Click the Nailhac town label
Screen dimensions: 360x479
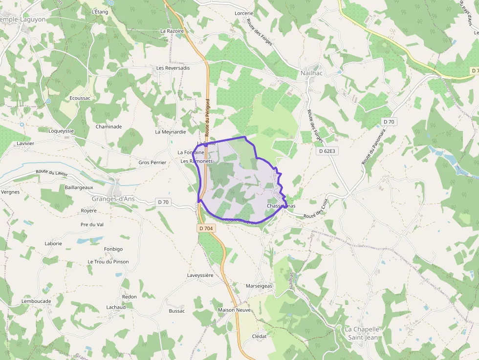pos(311,74)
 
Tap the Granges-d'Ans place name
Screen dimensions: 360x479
pos(112,199)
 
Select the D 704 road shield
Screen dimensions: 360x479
pos(207,228)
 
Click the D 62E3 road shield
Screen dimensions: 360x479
pos(327,151)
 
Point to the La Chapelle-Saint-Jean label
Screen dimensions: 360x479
pos(362,333)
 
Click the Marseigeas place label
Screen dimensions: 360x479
pos(259,286)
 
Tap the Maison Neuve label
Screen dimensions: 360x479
pos(234,310)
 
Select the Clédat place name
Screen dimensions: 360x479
pos(259,337)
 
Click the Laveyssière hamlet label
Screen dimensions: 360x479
pos(200,275)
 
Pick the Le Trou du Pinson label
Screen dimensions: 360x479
pos(109,262)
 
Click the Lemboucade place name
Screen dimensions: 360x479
pos(36,301)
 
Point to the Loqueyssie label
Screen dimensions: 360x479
pos(61,131)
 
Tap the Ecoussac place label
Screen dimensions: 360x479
pos(80,98)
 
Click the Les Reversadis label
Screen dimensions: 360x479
pos(173,68)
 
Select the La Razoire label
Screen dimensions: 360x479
pos(172,31)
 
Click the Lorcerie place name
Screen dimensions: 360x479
pos(244,13)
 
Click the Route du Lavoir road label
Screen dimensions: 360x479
pos(51,172)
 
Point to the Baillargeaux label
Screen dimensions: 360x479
pos(79,187)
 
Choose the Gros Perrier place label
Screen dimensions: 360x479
pos(152,162)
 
